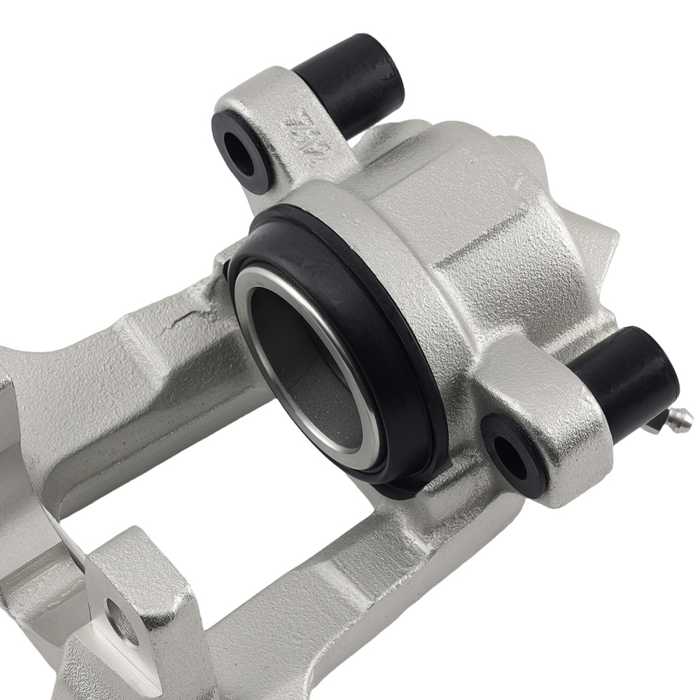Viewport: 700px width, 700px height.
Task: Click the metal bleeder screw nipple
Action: pos(678,421)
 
